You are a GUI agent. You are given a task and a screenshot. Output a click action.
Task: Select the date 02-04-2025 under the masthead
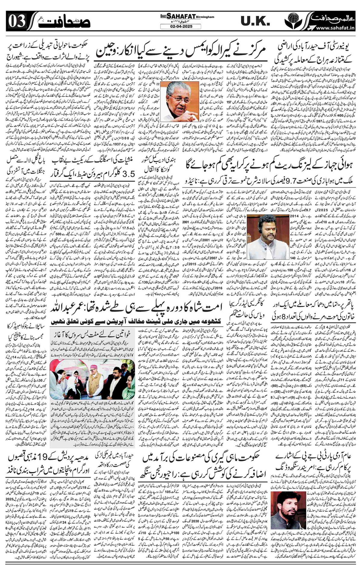click(180, 26)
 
